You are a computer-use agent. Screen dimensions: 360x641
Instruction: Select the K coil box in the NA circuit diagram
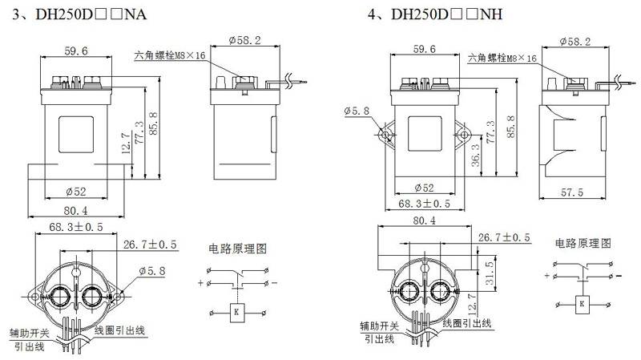click(236, 311)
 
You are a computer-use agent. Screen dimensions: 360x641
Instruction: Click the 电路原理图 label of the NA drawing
click(237, 248)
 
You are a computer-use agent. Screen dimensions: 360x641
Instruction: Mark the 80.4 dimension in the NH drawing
click(425, 221)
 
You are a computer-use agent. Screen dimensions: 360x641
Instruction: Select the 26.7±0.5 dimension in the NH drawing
click(504, 238)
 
